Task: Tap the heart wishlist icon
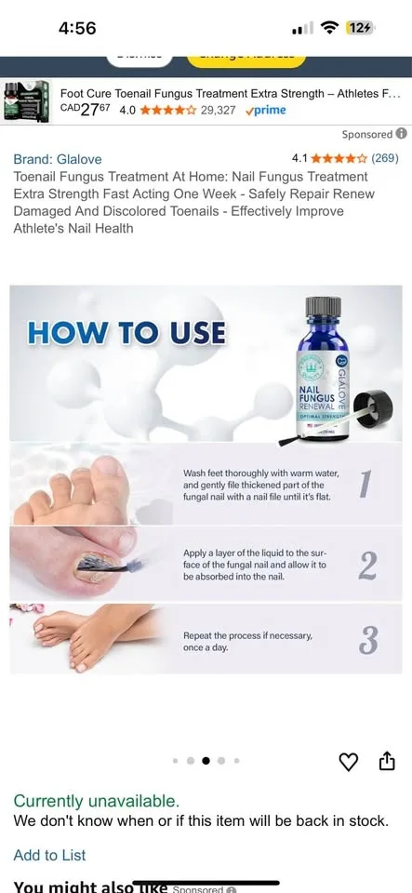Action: coord(349,762)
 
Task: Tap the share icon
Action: coord(387,762)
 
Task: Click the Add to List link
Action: coord(49,855)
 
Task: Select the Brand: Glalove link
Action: coord(58,159)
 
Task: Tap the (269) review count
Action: coord(385,158)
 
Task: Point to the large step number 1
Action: coord(365,485)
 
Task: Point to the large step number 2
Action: coord(367,565)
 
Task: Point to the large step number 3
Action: coord(368,640)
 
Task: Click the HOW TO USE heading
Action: coord(126,333)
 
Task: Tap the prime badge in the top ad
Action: coord(266,110)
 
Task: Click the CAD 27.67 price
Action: coord(84,109)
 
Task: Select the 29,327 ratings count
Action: coord(219,110)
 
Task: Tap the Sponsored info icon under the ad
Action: coord(402,134)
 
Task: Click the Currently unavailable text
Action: coord(97,801)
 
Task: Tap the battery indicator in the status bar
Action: coord(360,28)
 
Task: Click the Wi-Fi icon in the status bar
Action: coord(328,28)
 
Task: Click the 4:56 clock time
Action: coord(77,28)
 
